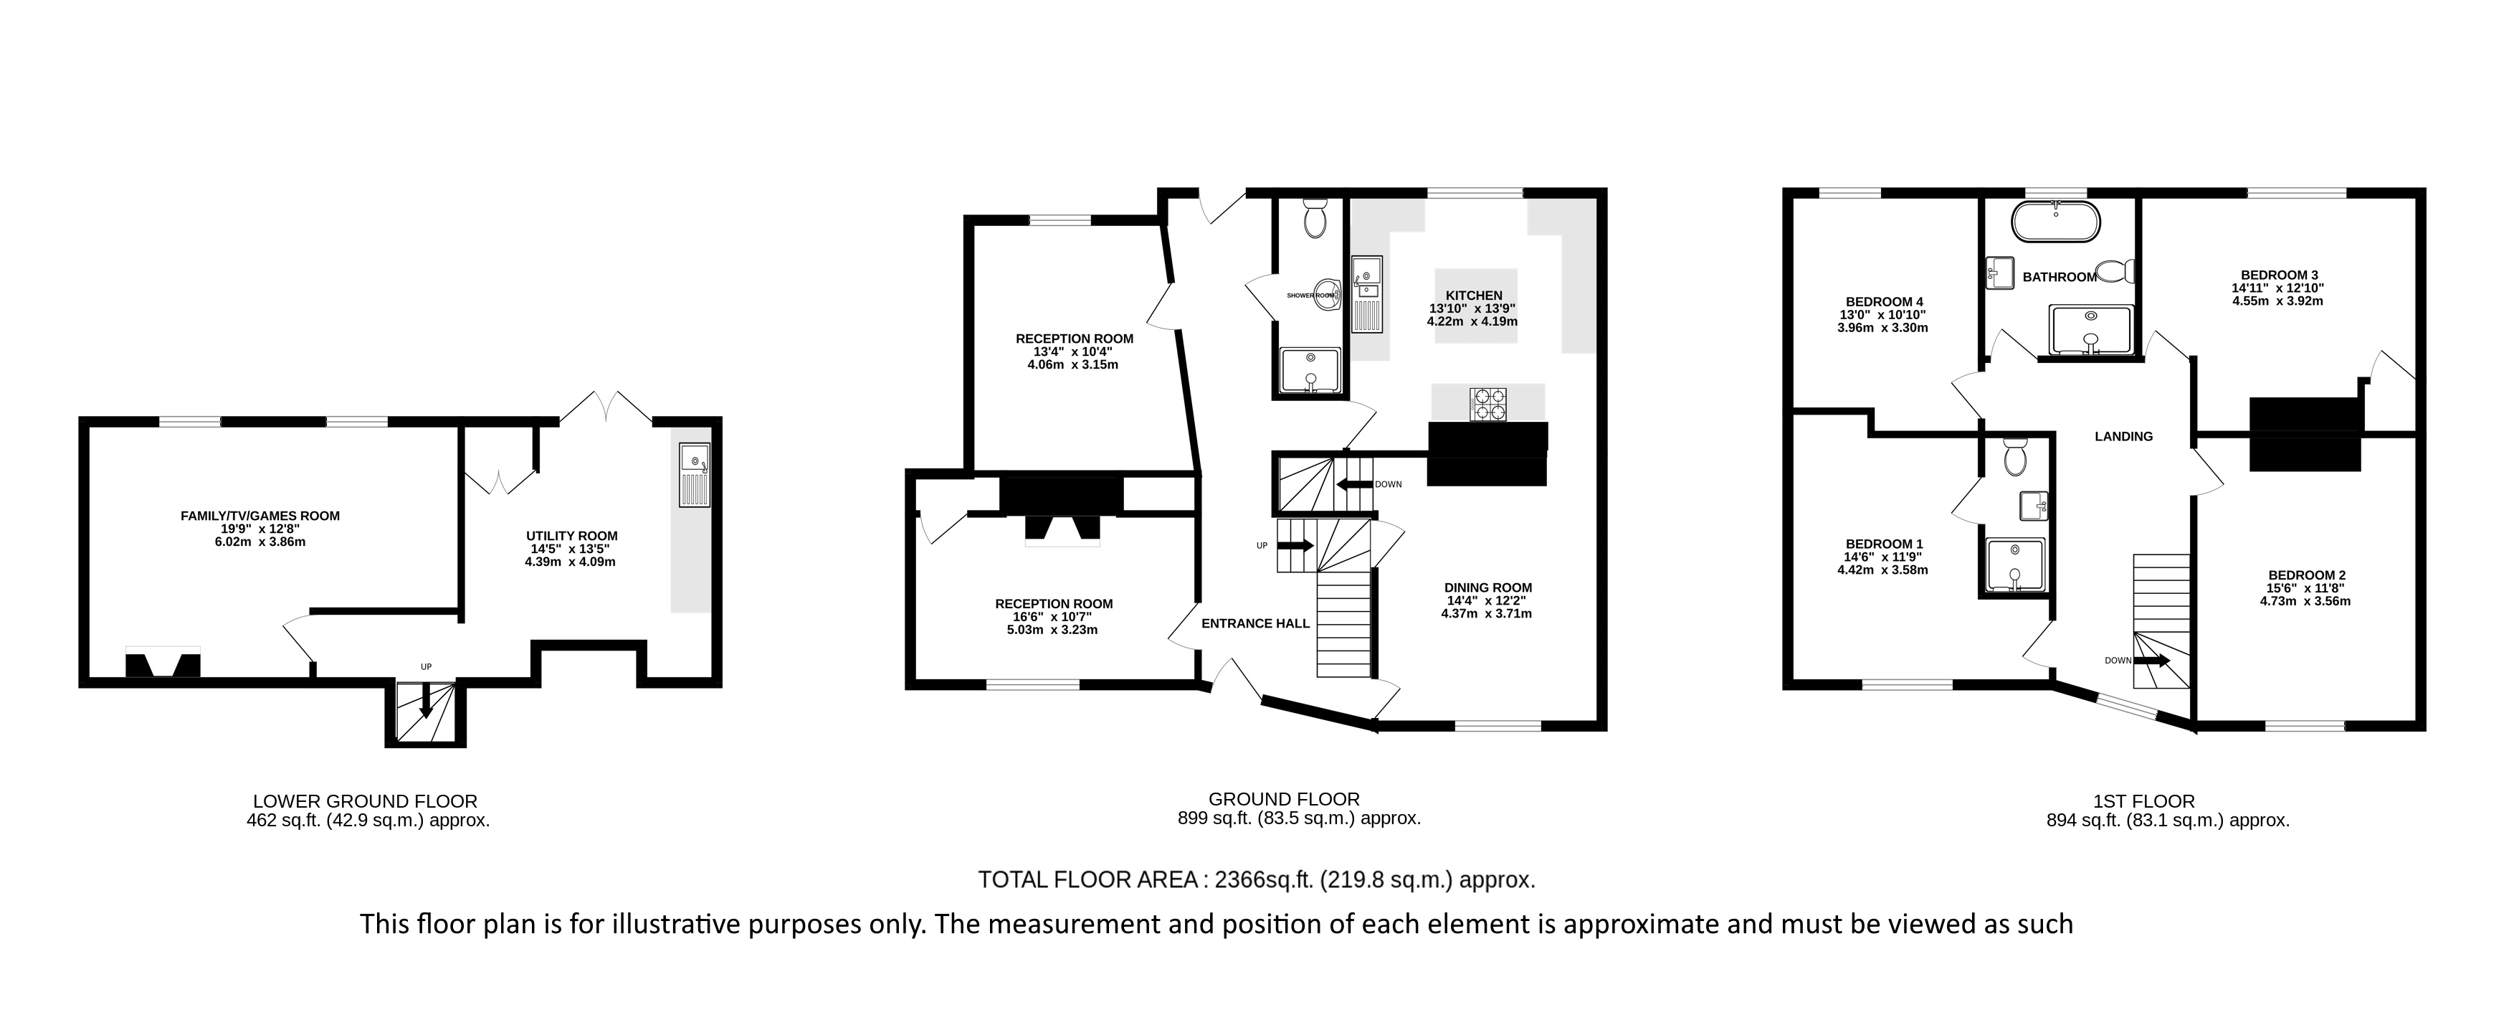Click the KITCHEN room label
[x=1474, y=296]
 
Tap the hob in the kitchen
[x=1490, y=403]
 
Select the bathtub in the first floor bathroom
[x=2055, y=221]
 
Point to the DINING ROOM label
[x=1488, y=587]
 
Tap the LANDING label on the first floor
[x=2123, y=436]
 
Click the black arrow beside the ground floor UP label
[x=1296, y=546]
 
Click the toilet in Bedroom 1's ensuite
[x=2014, y=455]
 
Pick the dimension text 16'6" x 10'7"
[x=1054, y=617]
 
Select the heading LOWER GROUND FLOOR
[x=365, y=801]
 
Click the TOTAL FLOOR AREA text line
[x=1257, y=879]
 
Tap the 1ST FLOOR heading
[x=2168, y=801]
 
